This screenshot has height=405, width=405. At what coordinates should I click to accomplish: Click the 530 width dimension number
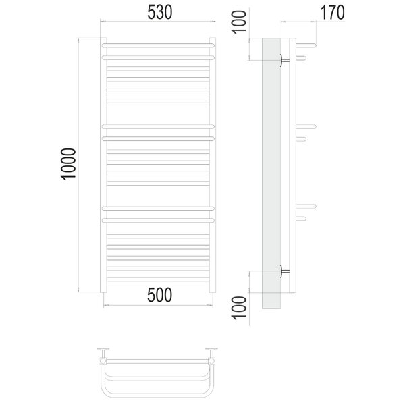coord(159,12)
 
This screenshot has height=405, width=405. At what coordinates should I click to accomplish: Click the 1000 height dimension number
coord(68,164)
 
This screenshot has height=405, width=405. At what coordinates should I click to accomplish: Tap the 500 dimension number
coord(159,295)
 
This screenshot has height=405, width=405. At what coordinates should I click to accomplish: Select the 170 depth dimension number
coord(332,12)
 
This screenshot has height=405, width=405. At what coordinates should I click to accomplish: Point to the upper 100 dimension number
coord(240,22)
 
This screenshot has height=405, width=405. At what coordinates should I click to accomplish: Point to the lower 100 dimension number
coord(240,308)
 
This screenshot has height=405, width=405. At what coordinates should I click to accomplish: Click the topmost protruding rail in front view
coord(158,46)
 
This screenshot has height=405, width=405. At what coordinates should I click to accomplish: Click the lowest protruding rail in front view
coord(158,221)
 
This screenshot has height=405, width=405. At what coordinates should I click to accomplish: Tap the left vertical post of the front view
coord(103,165)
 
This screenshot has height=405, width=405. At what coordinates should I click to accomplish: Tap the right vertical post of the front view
coord(213,165)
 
